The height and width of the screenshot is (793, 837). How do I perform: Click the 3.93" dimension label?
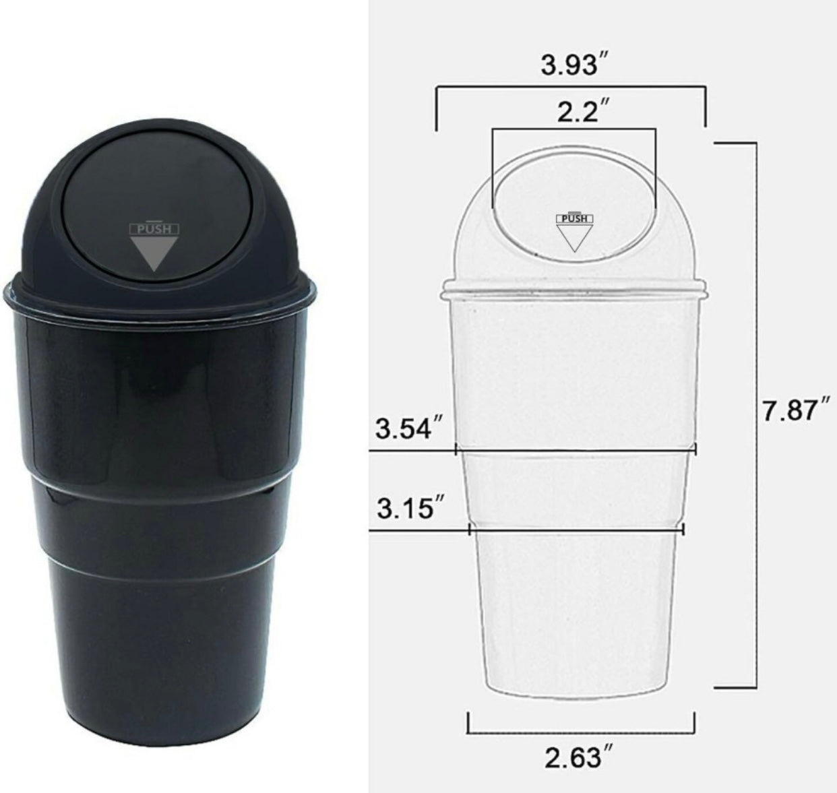[574, 65]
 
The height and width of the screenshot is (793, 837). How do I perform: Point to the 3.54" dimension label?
[409, 429]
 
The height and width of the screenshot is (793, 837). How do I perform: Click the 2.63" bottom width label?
[579, 758]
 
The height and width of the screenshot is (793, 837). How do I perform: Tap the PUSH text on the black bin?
[154, 230]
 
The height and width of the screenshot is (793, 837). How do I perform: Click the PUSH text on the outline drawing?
[574, 218]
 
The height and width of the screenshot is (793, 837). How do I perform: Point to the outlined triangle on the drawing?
[574, 238]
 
